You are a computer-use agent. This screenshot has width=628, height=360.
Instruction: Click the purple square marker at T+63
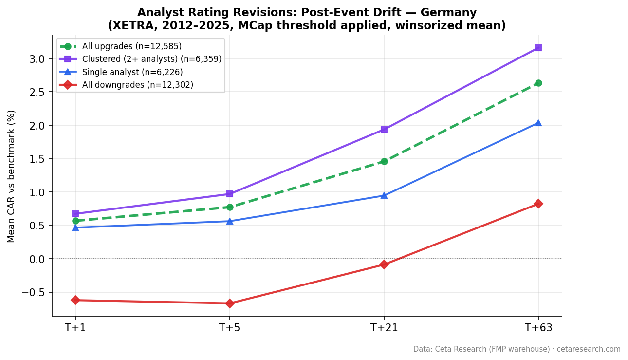click(x=538, y=48)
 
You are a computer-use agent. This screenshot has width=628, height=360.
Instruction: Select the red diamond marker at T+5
click(x=229, y=303)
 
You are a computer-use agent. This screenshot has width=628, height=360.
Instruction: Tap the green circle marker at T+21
click(x=384, y=161)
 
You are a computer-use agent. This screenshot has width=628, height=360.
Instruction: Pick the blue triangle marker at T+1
click(x=75, y=227)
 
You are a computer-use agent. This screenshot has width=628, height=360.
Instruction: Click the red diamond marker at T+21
click(x=384, y=265)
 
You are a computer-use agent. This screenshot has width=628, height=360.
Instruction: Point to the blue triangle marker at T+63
click(x=538, y=123)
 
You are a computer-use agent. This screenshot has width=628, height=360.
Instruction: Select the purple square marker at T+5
click(x=229, y=194)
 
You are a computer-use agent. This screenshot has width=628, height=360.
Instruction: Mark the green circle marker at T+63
click(x=538, y=83)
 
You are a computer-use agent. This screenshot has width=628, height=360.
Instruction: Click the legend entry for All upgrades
click(x=131, y=47)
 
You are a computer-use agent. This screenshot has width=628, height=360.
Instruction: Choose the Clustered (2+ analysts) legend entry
click(x=151, y=59)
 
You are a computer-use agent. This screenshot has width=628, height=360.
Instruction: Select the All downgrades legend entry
click(x=137, y=85)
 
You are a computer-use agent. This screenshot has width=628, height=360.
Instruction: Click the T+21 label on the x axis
click(x=384, y=328)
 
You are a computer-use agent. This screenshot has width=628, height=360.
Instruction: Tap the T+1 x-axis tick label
click(x=75, y=328)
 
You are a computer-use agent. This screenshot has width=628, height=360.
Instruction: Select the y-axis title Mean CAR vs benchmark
click(x=12, y=176)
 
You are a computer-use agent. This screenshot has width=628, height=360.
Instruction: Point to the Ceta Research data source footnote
click(x=517, y=349)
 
